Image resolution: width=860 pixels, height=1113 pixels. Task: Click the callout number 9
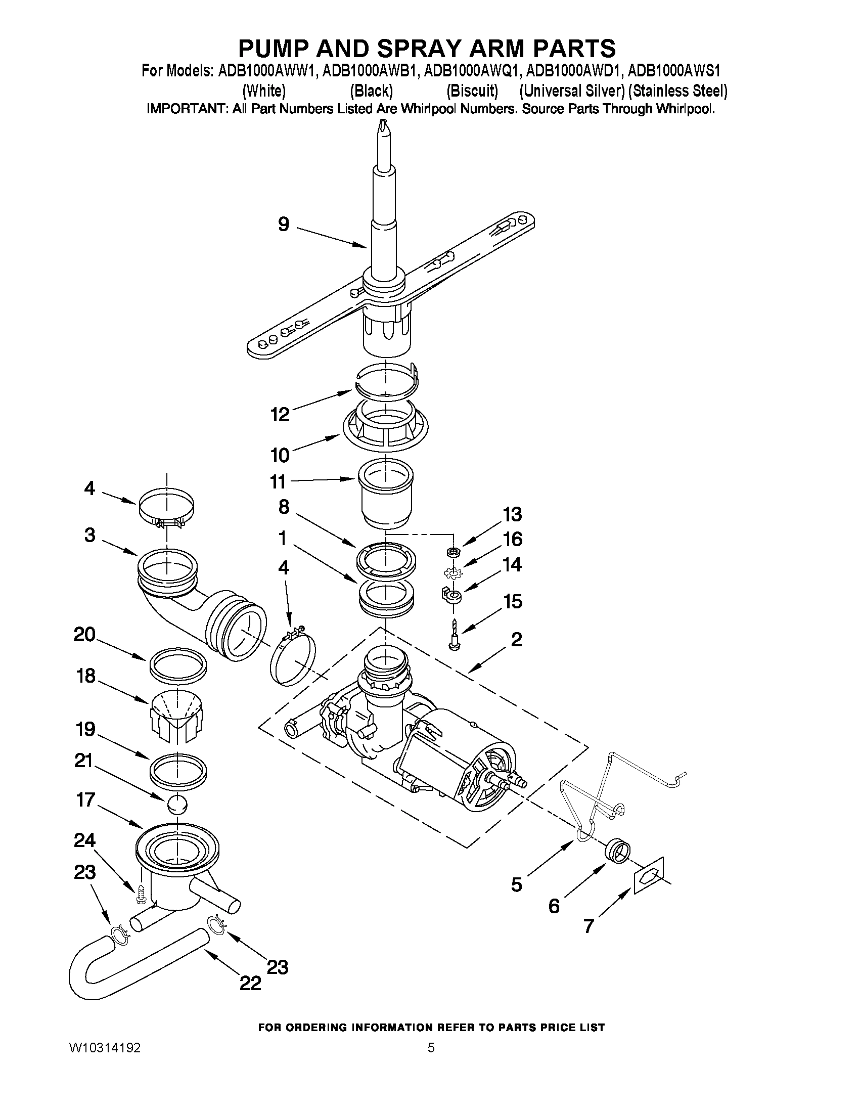coord(284,224)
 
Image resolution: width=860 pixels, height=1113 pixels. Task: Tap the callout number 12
coord(280,414)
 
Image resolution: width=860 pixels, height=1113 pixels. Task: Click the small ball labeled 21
coord(177,805)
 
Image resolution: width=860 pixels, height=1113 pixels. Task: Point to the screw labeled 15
coord(453,635)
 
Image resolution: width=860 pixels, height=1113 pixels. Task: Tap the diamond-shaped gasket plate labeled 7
coord(649,875)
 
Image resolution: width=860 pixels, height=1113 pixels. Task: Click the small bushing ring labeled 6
coord(617,851)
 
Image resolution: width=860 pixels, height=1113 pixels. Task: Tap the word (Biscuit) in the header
coord(472,91)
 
